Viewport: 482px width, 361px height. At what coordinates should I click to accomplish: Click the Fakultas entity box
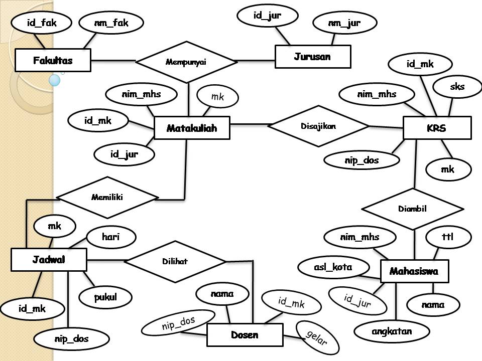point(53,61)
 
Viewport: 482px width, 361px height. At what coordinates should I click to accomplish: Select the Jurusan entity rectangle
point(312,57)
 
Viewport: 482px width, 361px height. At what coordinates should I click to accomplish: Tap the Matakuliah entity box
point(192,128)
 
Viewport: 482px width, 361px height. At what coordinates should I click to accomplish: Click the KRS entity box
point(437,128)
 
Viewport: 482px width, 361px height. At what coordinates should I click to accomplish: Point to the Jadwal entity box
point(49,260)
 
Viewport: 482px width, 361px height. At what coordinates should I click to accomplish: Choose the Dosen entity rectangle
point(245,334)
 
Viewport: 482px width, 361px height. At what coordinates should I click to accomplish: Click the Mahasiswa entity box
point(414,271)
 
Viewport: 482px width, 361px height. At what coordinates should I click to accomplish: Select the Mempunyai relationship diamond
point(186,62)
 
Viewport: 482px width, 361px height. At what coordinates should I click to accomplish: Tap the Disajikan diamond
point(318,126)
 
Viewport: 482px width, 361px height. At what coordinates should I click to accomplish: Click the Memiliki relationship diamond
point(107,197)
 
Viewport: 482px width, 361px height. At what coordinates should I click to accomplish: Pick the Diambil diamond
point(412,209)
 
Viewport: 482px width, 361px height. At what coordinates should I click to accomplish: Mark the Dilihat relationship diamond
point(175,261)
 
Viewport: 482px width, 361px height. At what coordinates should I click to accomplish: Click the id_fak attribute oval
point(42,23)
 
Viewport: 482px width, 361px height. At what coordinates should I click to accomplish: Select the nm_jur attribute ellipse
point(344,23)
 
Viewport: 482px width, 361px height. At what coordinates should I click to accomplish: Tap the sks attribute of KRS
point(457,87)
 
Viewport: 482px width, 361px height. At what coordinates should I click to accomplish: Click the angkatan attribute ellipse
point(392,331)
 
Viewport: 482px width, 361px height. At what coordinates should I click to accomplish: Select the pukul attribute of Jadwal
point(105,297)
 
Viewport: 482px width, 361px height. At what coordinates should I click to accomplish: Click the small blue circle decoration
point(55,80)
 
